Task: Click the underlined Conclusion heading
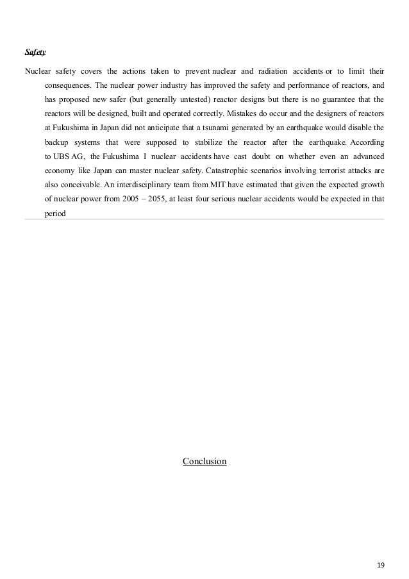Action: tap(204, 460)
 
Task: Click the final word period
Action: tap(55, 214)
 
